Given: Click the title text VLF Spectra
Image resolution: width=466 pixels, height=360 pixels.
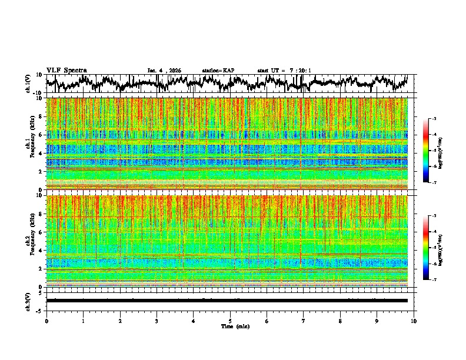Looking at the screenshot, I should tap(66, 71).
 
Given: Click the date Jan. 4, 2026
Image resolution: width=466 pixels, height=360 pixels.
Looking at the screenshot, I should tap(164, 71).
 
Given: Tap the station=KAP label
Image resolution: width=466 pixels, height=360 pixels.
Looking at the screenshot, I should tap(218, 71).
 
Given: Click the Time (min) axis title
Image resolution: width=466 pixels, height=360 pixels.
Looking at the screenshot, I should tap(230, 326).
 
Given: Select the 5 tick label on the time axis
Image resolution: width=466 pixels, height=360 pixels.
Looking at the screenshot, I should tap(230, 321).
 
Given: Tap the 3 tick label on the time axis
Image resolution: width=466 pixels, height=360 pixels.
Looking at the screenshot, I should tap(157, 321).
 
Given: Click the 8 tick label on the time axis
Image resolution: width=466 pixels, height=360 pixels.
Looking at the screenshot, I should tap(340, 321).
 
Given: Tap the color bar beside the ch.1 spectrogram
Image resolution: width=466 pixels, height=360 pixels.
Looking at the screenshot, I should tap(426, 151).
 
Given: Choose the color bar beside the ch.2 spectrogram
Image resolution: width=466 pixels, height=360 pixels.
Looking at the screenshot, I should tap(426, 248).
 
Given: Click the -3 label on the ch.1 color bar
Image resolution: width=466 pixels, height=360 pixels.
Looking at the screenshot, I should tap(434, 119).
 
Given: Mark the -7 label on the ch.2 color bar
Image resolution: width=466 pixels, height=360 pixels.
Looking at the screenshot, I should tap(434, 280).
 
